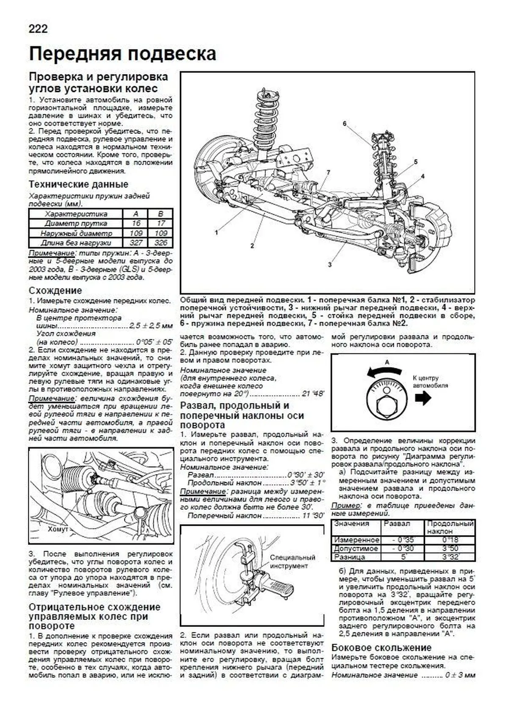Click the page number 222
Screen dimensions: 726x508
38,28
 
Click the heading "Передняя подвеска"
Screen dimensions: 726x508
122,54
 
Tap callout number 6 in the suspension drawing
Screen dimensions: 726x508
345,123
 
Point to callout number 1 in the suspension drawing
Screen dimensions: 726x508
216,232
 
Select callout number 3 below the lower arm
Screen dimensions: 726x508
329,265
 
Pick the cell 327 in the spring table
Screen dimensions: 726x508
136,243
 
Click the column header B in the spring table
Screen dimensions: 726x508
161,214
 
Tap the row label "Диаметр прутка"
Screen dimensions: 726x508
76,224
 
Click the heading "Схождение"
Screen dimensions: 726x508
55,290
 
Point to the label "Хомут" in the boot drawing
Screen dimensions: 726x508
58,529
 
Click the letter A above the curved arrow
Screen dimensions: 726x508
387,362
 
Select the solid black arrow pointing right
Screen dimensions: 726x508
422,398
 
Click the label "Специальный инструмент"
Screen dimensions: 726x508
292,561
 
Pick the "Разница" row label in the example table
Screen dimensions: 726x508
349,557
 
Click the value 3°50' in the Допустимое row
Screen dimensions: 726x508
450,549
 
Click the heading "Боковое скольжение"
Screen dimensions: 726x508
381,648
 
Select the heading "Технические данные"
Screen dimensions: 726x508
78,184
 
